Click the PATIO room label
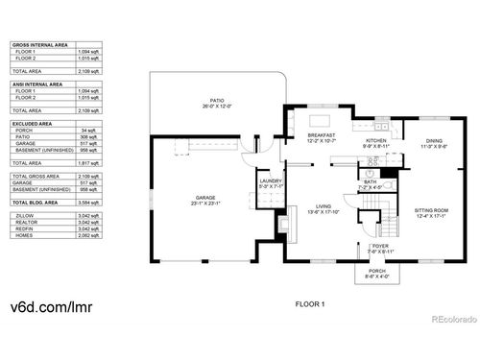[217, 102]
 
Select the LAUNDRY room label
[270, 180]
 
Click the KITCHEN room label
[375, 143]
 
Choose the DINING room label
[434, 143]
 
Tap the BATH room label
[371, 182]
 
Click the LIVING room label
[325, 208]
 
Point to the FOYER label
[380, 247]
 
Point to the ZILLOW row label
[23, 218]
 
